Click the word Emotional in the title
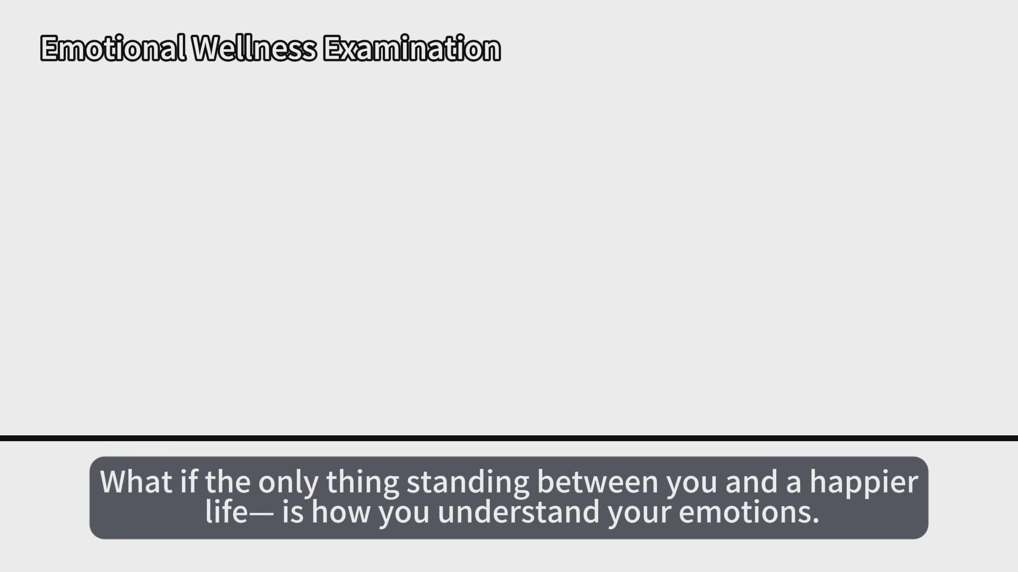[113, 49]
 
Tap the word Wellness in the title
[254, 49]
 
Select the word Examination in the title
[412, 49]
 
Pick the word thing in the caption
[363, 482]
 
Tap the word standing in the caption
[468, 482]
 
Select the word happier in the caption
[864, 482]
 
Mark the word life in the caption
[226, 512]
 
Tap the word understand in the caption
[519, 512]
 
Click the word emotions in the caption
[744, 512]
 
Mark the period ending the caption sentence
[815, 521]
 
